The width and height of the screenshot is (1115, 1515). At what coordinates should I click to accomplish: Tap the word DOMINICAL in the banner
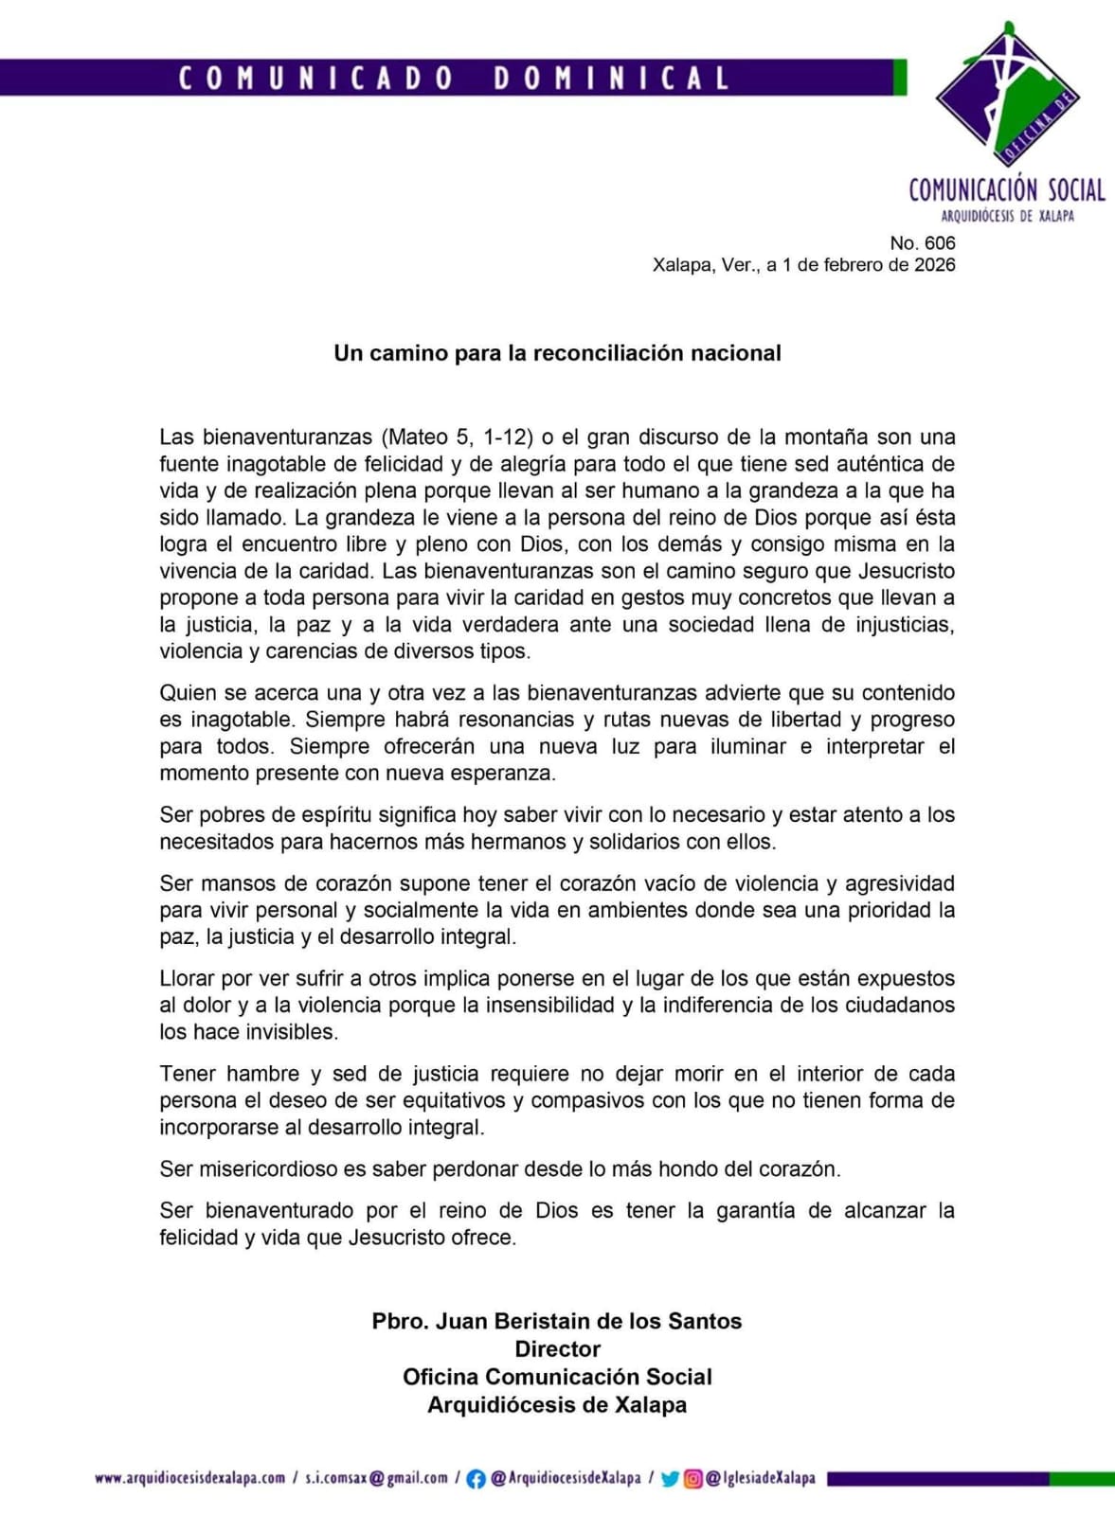(611, 78)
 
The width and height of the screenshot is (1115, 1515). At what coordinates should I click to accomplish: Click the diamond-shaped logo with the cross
(1007, 96)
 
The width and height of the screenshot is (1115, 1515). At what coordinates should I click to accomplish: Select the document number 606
(940, 243)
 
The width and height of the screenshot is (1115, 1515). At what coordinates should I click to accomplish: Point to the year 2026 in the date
(934, 265)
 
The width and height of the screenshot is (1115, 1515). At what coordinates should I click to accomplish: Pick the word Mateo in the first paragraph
(418, 437)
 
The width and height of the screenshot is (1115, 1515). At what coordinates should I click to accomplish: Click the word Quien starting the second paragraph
(189, 693)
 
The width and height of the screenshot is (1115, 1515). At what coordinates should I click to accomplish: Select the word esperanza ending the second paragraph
(508, 774)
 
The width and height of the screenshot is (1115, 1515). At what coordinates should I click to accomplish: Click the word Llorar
(187, 979)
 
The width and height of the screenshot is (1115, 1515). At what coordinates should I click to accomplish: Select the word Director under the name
(557, 1349)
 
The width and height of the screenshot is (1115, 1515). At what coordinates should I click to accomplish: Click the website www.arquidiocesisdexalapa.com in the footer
(189, 1478)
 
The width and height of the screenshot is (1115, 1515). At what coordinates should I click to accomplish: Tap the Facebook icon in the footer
(477, 1479)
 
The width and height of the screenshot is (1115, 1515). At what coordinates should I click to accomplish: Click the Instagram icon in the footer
(693, 1479)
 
